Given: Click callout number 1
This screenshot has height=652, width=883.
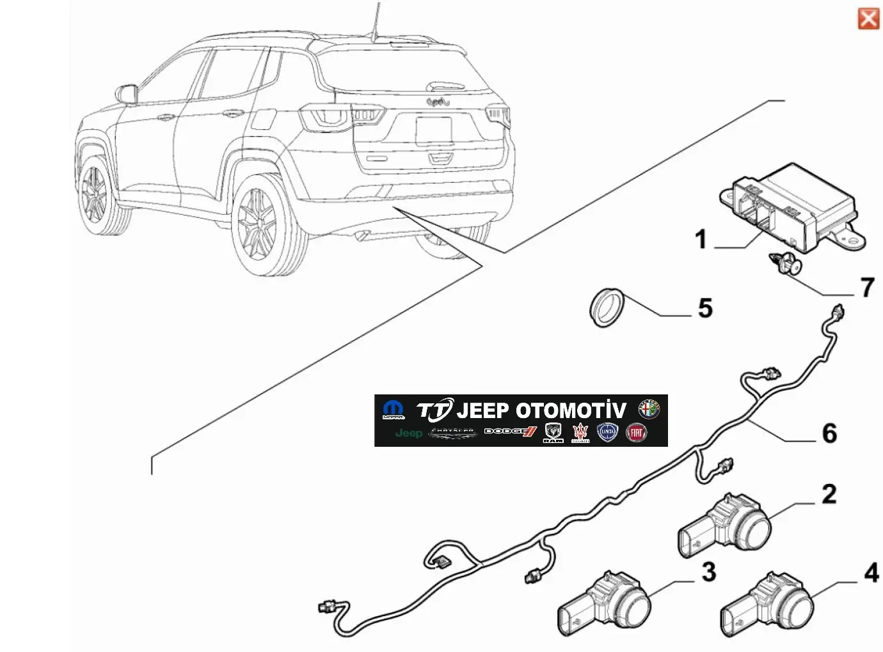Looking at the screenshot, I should point(701,240).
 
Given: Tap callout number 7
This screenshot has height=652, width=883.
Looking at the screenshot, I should point(867,288).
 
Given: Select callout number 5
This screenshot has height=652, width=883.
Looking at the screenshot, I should point(704,308).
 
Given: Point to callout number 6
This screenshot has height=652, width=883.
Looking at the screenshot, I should point(829,433).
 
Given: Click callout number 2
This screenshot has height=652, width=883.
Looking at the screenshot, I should point(829,493).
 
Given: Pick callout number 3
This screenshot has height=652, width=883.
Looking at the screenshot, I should point(708,571).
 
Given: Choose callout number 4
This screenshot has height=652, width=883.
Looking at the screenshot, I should point(871,573).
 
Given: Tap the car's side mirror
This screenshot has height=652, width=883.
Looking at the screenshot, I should point(127,93).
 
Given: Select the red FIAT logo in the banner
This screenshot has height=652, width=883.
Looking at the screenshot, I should point(636,433).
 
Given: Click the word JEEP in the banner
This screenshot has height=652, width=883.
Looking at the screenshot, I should point(482,410).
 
